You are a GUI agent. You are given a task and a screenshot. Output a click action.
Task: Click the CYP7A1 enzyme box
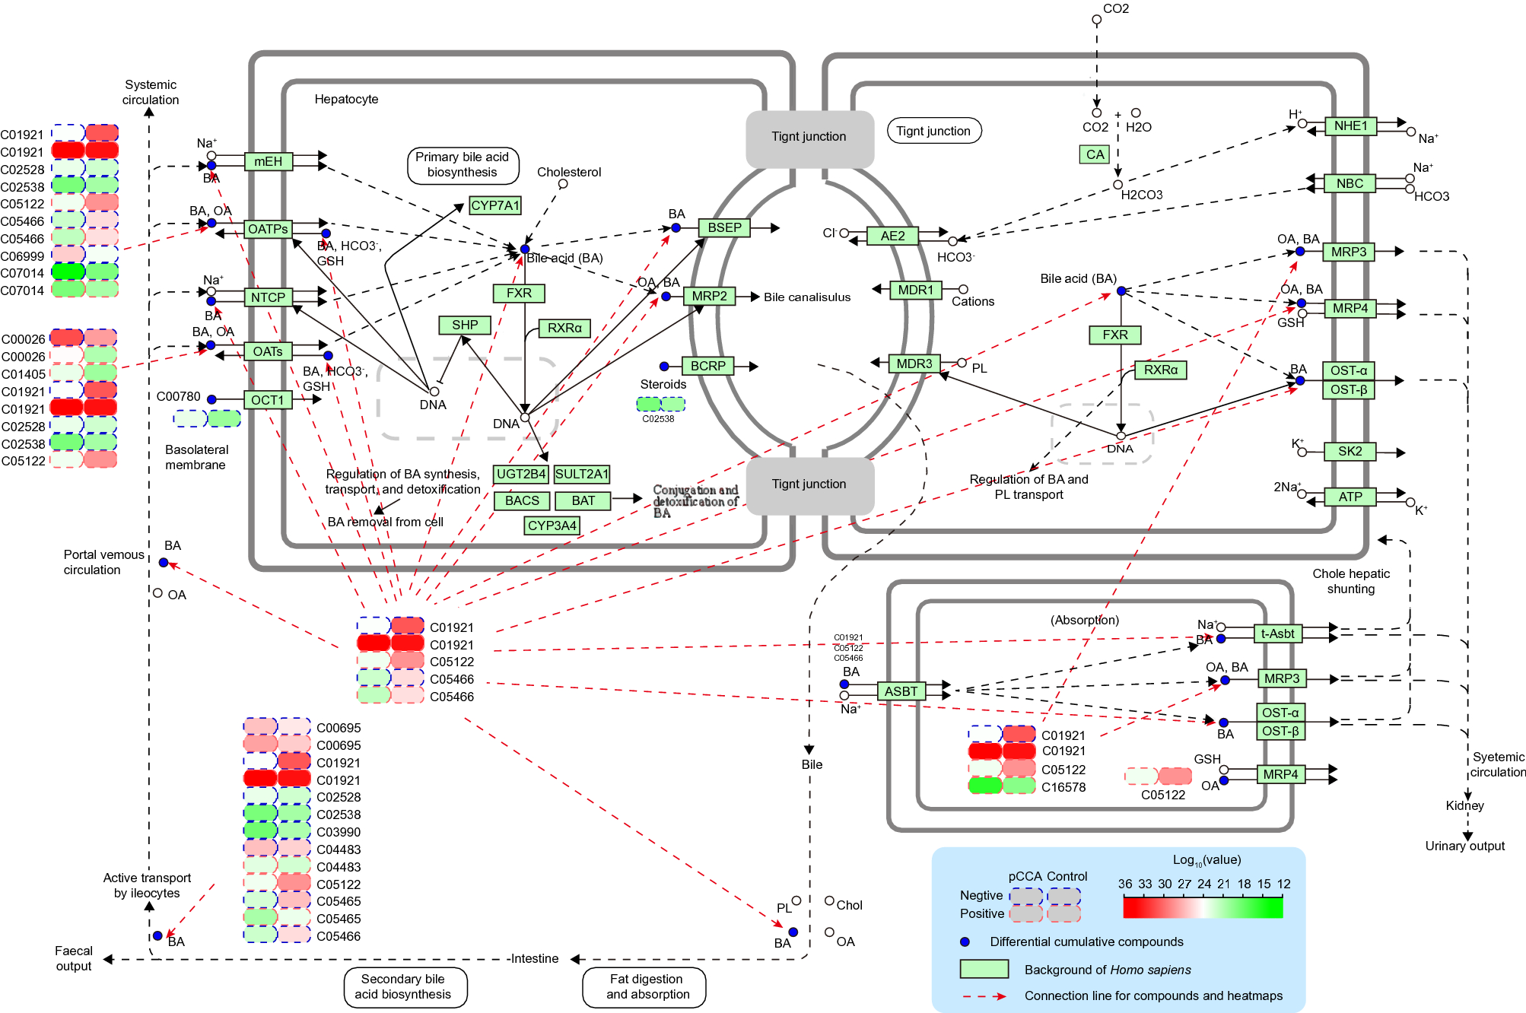pyautogui.click(x=494, y=205)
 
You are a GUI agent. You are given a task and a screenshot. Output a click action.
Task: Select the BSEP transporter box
pyautogui.click(x=724, y=227)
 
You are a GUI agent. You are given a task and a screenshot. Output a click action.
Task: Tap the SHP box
pyautogui.click(x=465, y=325)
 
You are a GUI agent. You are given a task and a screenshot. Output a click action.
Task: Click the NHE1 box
pyautogui.click(x=1350, y=126)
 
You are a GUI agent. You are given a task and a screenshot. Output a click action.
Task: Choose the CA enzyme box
pyautogui.click(x=1095, y=154)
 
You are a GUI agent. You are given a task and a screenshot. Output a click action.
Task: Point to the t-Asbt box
pyautogui.click(x=1277, y=634)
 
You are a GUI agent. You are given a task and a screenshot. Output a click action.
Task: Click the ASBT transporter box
pyautogui.click(x=901, y=691)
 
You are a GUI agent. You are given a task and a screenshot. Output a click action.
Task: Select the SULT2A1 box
pyautogui.click(x=582, y=474)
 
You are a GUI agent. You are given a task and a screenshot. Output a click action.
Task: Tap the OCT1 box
pyautogui.click(x=268, y=400)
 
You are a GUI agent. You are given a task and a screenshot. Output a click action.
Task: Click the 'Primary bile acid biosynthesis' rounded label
pyautogui.click(x=463, y=165)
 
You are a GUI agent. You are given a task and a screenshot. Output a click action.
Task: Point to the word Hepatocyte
pyautogui.click(x=346, y=99)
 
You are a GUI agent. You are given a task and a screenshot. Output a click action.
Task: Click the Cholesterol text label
pyautogui.click(x=569, y=172)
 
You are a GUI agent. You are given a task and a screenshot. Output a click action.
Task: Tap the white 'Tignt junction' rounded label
pyautogui.click(x=933, y=131)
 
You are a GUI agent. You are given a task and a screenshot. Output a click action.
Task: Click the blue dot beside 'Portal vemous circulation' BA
pyautogui.click(x=164, y=563)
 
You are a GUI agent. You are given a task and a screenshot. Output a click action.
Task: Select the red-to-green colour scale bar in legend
pyautogui.click(x=1203, y=907)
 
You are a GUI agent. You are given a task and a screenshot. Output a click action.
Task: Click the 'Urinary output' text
pyautogui.click(x=1464, y=846)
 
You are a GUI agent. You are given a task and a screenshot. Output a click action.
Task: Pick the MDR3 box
pyautogui.click(x=914, y=364)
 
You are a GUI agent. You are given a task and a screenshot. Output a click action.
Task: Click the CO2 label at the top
pyautogui.click(x=1116, y=8)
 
